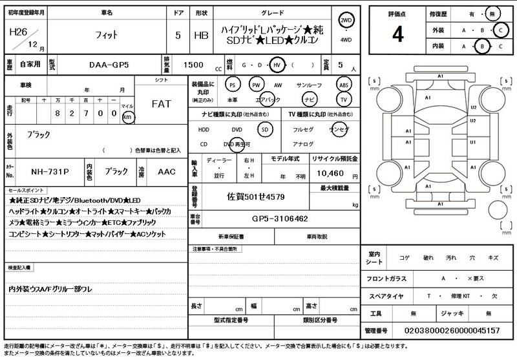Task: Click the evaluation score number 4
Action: (397, 34)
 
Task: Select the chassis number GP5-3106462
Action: (279, 219)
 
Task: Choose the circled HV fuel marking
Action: (277, 65)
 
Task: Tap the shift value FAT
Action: (161, 104)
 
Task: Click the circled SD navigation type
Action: (264, 129)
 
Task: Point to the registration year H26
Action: (18, 31)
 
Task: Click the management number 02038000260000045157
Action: (452, 330)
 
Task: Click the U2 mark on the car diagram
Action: (473, 107)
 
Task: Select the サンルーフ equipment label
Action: (310, 85)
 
